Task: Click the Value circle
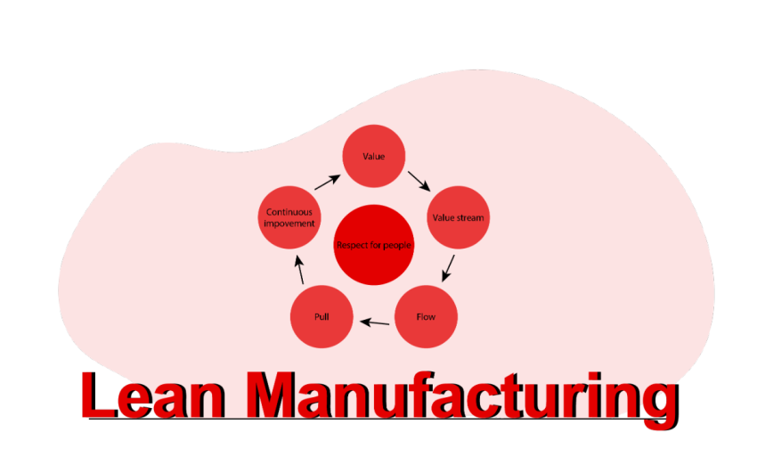click(x=374, y=157)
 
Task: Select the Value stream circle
click(x=458, y=217)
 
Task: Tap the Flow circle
click(x=426, y=317)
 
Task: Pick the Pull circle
click(x=322, y=317)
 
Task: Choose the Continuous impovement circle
click(x=289, y=217)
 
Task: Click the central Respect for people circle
click(x=374, y=245)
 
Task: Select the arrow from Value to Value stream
click(x=419, y=181)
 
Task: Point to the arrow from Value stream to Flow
click(x=449, y=268)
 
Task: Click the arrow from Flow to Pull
click(x=375, y=322)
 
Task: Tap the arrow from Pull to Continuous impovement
click(x=300, y=270)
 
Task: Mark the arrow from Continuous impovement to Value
click(x=327, y=181)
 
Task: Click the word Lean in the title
click(x=151, y=396)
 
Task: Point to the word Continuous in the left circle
click(x=289, y=212)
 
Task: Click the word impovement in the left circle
click(x=289, y=224)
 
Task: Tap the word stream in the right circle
click(x=470, y=218)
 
